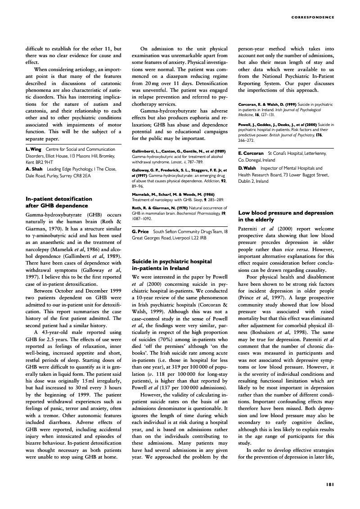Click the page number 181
[329, 484]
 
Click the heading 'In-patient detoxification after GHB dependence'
[59, 202]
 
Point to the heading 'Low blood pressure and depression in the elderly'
[285, 216]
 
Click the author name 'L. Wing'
[33, 149]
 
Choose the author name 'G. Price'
[140, 231]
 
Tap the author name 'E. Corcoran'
[251, 153]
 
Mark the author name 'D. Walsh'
[248, 167]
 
